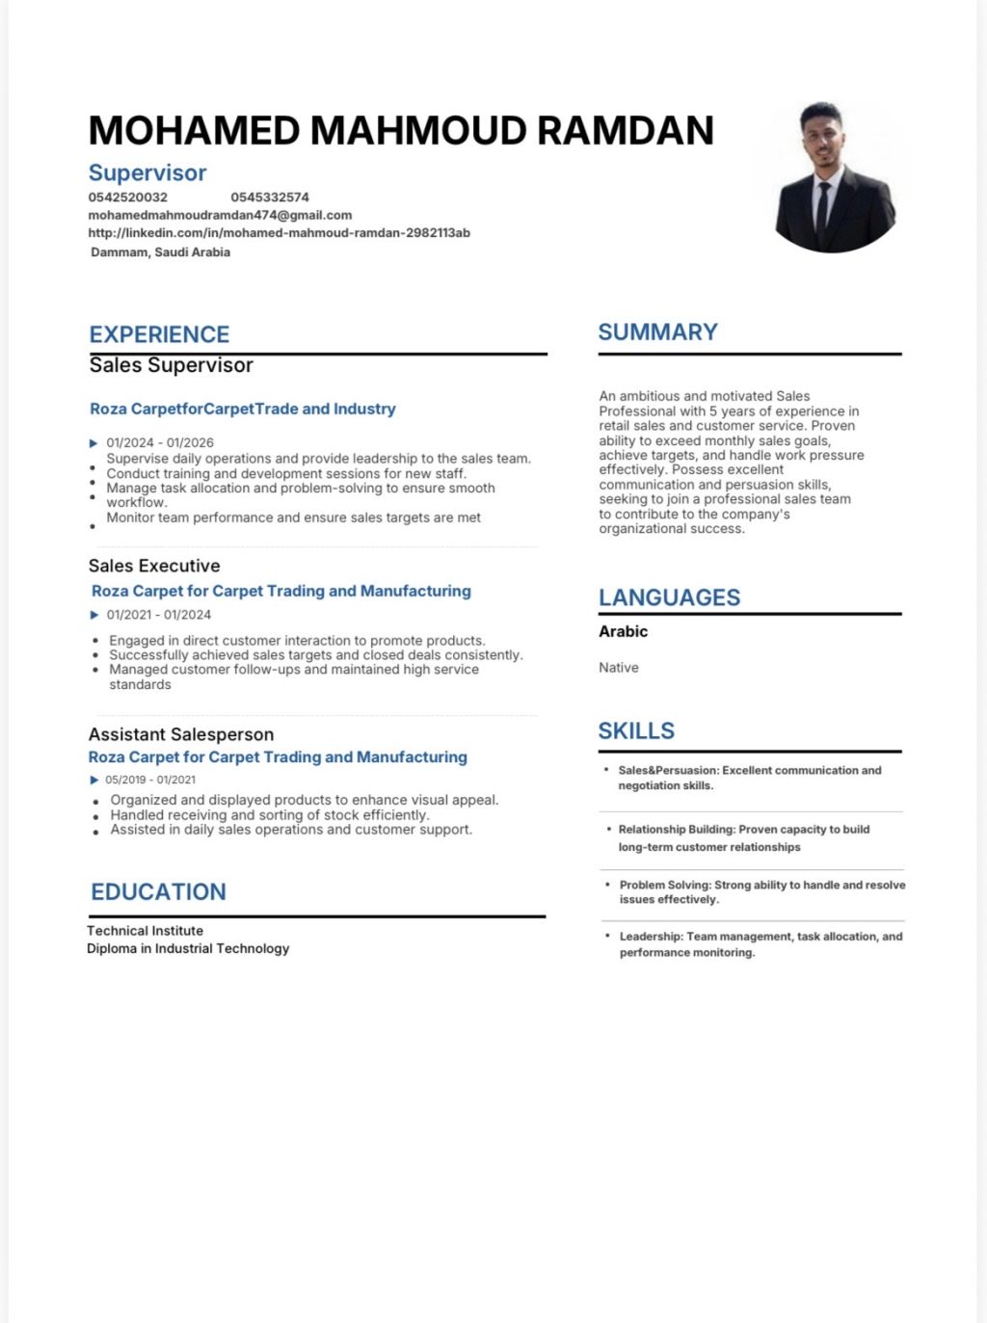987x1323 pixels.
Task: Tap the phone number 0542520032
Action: [x=127, y=198]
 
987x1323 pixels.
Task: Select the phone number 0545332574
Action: [x=270, y=198]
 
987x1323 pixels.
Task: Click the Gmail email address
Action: [x=220, y=215]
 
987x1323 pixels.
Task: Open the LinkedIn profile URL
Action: [x=279, y=233]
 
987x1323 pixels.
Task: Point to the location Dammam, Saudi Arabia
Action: [x=160, y=252]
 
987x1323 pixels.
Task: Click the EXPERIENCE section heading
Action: [x=159, y=334]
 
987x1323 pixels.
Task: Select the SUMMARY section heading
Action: [x=657, y=332]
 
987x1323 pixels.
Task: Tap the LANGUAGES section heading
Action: [x=669, y=597]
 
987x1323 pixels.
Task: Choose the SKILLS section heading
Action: [x=636, y=730]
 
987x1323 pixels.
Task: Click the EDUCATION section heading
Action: [x=158, y=892]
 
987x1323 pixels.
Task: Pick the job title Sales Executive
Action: [x=154, y=566]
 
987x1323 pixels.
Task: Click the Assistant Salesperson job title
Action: [x=181, y=734]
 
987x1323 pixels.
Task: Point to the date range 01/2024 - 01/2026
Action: [x=160, y=443]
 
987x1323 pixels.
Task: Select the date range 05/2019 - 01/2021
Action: [x=150, y=780]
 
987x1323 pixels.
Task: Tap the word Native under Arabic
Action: [x=619, y=668]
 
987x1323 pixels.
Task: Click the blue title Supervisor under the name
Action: [x=147, y=172]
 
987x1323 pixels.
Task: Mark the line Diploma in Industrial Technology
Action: [x=188, y=948]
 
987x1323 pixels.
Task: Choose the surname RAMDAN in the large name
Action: [x=625, y=131]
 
